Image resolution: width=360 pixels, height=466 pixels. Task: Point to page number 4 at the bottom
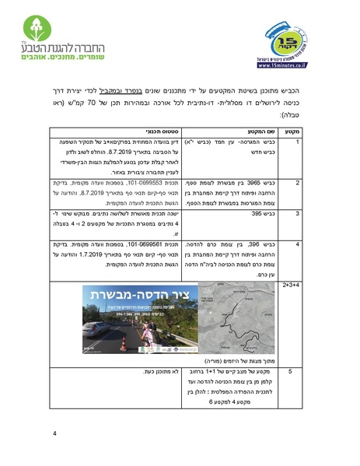[x=54, y=433]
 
